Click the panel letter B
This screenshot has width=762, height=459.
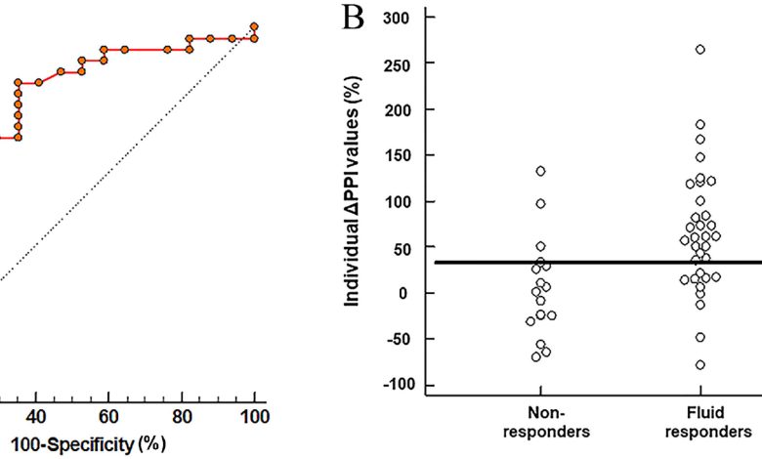point(349,17)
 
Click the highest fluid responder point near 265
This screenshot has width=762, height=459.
point(699,49)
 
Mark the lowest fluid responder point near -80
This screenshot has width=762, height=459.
point(699,364)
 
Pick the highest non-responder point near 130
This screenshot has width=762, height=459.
point(540,171)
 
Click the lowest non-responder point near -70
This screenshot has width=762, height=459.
point(536,356)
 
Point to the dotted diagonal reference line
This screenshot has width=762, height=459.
point(127,156)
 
